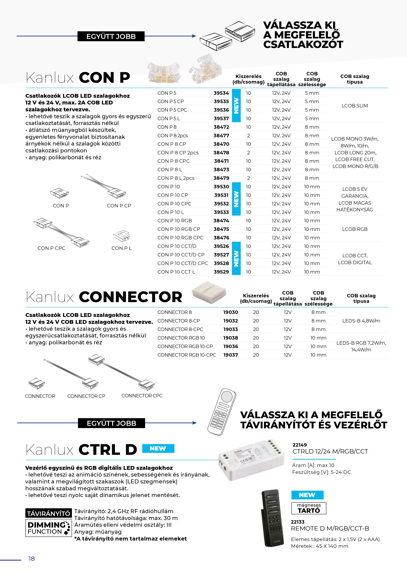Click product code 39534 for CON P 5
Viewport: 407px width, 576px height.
tap(221, 93)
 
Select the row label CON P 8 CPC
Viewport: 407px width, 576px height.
tap(173, 161)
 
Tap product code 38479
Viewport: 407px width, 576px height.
tap(221, 178)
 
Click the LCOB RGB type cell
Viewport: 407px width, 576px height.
tap(355, 229)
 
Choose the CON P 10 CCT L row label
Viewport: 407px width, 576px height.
tap(176, 272)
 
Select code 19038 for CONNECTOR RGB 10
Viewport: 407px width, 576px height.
tap(230, 338)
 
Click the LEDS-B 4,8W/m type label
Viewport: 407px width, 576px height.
tap(361, 321)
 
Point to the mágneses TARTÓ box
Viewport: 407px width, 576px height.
tap(309, 508)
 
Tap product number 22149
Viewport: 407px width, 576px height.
tap(300, 445)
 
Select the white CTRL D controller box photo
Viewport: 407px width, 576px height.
tap(251, 460)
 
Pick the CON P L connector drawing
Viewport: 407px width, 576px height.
tap(122, 236)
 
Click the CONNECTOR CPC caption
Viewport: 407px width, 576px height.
tap(142, 396)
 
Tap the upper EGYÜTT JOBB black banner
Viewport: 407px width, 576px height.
tap(111, 36)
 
